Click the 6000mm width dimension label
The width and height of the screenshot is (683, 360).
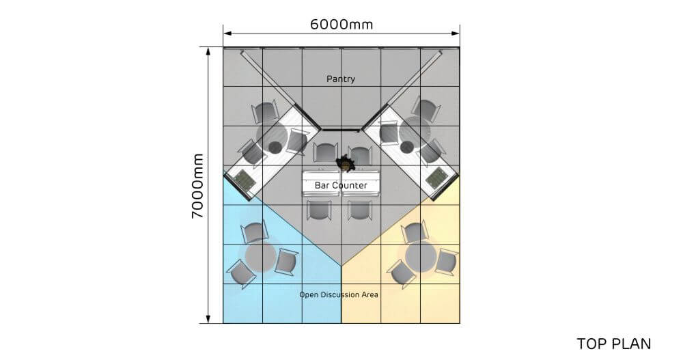pyautogui.click(x=341, y=25)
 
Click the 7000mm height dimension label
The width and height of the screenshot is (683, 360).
pyautogui.click(x=198, y=186)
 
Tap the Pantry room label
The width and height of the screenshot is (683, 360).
pyautogui.click(x=341, y=79)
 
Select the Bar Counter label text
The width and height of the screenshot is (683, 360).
pyautogui.click(x=341, y=185)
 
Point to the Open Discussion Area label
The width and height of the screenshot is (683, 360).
pyautogui.click(x=339, y=294)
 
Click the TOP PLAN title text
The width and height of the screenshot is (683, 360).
pyautogui.click(x=614, y=344)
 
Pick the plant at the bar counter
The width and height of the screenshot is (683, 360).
pyautogui.click(x=345, y=164)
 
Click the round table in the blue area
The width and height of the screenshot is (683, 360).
pyautogui.click(x=260, y=257)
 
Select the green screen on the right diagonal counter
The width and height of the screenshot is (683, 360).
pyautogui.click(x=436, y=179)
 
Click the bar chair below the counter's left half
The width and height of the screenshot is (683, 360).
pyautogui.click(x=319, y=210)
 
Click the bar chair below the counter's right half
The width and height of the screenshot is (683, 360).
pyautogui.click(x=360, y=210)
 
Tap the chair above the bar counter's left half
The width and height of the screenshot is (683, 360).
pyautogui.click(x=325, y=152)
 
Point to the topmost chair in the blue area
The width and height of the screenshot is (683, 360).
pyautogui.click(x=255, y=232)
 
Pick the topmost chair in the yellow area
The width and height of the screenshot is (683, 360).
pyautogui.click(x=415, y=232)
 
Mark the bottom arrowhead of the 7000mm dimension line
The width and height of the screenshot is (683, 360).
pyautogui.click(x=208, y=319)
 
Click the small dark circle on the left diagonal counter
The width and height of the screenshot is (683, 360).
pyautogui.click(x=275, y=148)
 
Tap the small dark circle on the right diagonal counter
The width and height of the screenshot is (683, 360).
pyautogui.click(x=407, y=148)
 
